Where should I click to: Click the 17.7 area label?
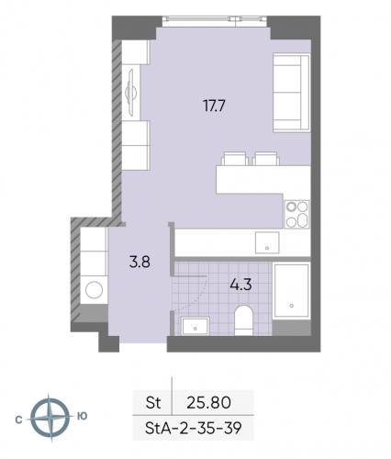[214, 105]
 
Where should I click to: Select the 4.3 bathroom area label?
[240, 285]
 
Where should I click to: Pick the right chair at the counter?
[267, 158]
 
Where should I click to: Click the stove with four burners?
[296, 214]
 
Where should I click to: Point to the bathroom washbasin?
[195, 325]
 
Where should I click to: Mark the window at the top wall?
[213, 23]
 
